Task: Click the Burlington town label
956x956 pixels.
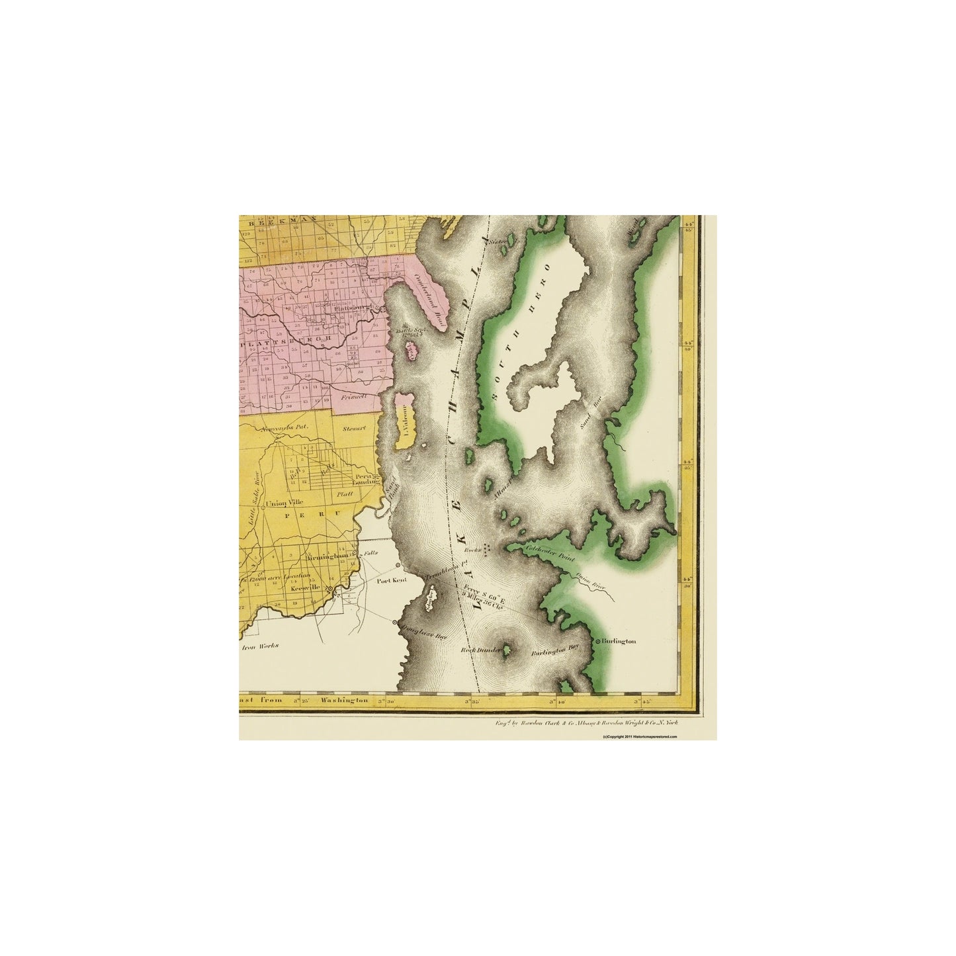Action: click(619, 641)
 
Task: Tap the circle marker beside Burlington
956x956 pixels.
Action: click(597, 641)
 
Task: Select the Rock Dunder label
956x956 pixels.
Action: click(478, 650)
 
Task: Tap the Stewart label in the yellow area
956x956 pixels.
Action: click(354, 428)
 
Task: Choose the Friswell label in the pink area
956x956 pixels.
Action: click(352, 398)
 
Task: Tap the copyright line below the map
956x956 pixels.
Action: click(640, 736)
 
